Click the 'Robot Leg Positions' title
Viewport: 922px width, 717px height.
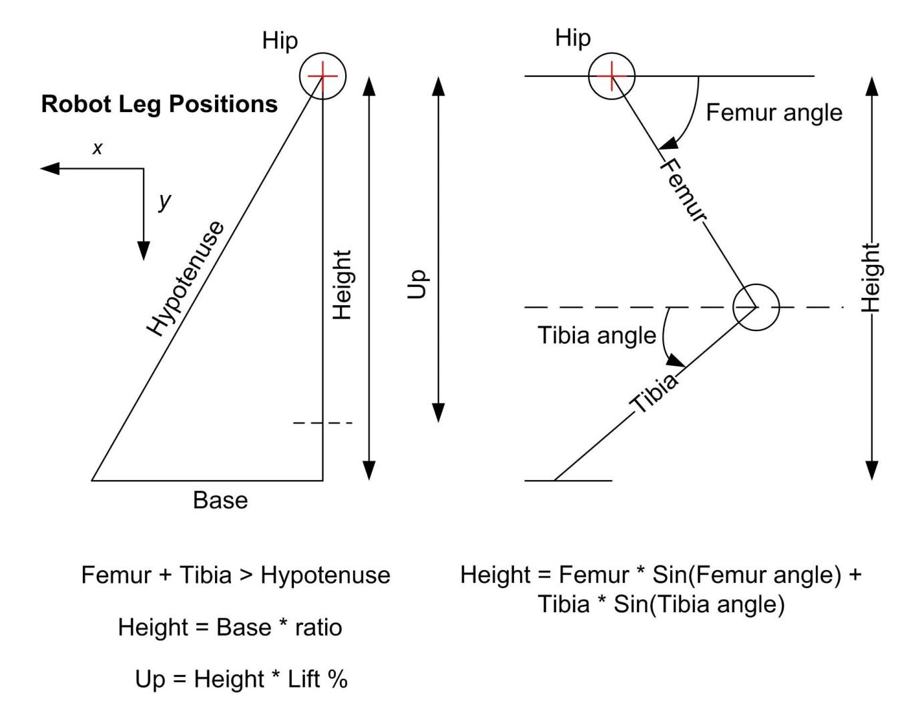(x=160, y=104)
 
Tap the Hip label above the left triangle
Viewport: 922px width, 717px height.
(x=280, y=41)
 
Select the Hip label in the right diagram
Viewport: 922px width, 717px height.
(x=573, y=38)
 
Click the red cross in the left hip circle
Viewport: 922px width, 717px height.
(x=322, y=76)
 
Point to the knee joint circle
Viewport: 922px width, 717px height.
(x=756, y=307)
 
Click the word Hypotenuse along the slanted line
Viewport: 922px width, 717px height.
(x=186, y=278)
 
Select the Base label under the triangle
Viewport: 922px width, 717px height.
(x=220, y=500)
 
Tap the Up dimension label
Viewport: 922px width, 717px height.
(x=417, y=284)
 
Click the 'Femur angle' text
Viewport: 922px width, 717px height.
(x=774, y=113)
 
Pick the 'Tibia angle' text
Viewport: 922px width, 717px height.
(x=597, y=335)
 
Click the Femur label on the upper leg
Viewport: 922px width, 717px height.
(x=682, y=190)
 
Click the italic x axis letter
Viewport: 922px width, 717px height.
(x=97, y=148)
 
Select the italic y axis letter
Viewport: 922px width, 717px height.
(x=164, y=200)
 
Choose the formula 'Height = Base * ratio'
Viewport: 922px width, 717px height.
(x=230, y=628)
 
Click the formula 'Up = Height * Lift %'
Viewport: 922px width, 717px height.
(x=241, y=679)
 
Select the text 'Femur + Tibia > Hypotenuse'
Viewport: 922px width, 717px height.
(x=236, y=575)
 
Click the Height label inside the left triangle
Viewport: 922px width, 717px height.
(x=342, y=285)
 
